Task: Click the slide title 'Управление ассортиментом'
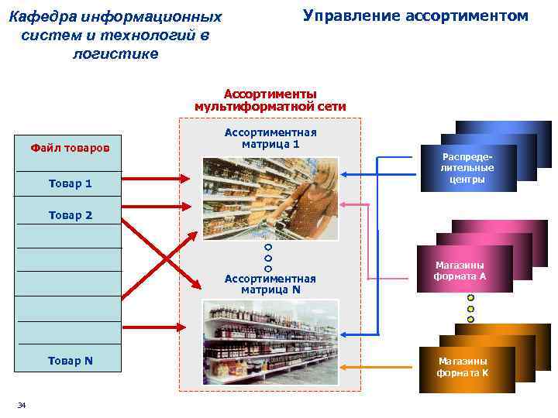[x=415, y=15]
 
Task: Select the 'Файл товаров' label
[x=70, y=147]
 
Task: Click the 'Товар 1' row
[x=70, y=183]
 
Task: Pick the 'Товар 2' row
[x=70, y=215]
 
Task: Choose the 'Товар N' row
[x=70, y=360]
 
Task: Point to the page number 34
[x=22, y=406]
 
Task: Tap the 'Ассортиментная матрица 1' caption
[x=270, y=138]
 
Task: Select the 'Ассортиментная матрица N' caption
[x=270, y=284]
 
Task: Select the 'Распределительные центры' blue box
[x=467, y=167]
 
